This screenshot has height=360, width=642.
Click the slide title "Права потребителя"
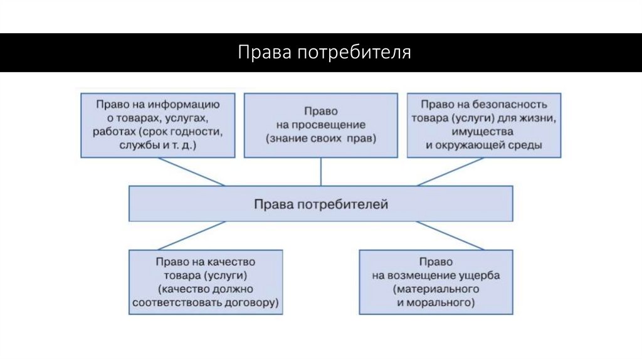[x=324, y=53]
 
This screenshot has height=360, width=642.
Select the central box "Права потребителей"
[x=321, y=204]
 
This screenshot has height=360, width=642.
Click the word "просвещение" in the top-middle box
[x=320, y=124]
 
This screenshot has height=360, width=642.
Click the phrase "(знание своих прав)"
[x=320, y=138]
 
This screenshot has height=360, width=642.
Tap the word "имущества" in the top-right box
[x=484, y=132]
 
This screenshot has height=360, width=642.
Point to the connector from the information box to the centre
[x=191, y=171]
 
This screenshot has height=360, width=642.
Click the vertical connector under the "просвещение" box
[x=321, y=171]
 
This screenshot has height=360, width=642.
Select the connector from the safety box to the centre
[x=450, y=171]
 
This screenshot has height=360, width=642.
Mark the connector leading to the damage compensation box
[x=450, y=235]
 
